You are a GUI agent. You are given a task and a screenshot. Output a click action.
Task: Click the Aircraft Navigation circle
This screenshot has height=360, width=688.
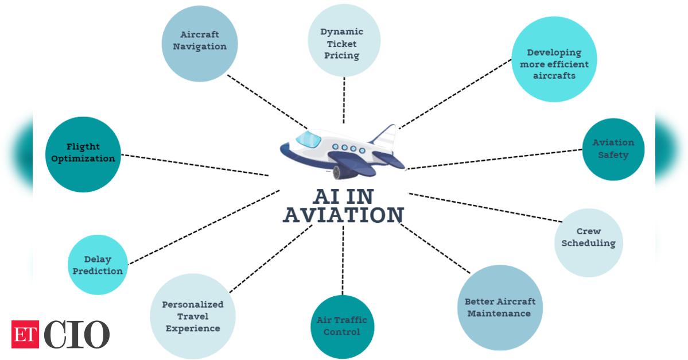point(200,44)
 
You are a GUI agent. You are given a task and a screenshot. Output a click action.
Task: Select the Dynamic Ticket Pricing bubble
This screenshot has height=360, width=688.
point(344,40)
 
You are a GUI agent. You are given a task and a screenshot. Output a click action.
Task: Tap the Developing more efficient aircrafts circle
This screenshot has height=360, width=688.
point(554,59)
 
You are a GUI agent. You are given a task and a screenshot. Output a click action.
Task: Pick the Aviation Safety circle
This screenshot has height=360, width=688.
point(613,149)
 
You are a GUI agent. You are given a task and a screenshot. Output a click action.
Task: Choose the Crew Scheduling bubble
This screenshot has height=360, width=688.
point(588,243)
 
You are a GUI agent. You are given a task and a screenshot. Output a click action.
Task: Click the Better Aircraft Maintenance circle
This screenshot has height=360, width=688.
point(500,307)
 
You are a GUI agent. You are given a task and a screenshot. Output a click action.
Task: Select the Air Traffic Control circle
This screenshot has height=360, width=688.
point(342,327)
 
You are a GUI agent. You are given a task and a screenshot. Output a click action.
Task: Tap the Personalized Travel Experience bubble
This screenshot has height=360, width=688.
point(193,316)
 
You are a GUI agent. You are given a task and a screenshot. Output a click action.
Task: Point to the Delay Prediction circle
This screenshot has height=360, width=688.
point(98,265)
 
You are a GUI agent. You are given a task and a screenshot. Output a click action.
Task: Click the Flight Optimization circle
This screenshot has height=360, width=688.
point(83,154)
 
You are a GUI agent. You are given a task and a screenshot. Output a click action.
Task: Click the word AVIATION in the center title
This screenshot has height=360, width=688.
point(343,215)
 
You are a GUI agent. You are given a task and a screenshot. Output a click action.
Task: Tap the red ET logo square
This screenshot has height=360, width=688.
point(25,335)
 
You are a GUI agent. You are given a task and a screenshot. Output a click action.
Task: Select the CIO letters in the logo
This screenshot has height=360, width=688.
point(76,335)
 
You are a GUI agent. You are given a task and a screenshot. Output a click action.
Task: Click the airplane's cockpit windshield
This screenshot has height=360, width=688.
point(309,140)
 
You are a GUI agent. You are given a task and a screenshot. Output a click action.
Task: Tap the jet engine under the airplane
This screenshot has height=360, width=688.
point(344,172)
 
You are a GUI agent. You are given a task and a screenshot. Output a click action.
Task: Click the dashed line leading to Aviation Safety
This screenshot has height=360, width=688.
point(494,159)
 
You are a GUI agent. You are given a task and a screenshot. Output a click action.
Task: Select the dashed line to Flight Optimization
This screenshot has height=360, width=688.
point(195,165)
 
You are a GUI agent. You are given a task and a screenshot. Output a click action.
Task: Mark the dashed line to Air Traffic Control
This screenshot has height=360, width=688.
point(343,260)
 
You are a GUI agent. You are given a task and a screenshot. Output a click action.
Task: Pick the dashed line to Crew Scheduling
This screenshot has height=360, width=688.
point(485,207)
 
